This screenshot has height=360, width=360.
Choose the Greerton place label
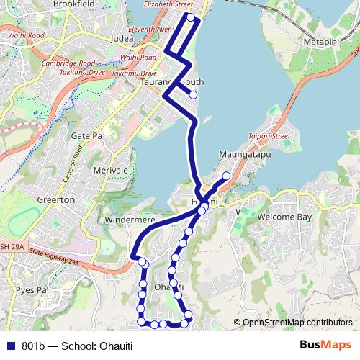56,199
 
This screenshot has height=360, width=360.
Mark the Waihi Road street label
138,57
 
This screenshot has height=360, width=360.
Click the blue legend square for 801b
10,346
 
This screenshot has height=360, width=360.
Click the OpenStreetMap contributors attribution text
296,322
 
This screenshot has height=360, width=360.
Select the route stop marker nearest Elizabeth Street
190,18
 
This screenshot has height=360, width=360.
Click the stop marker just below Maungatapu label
226,176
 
